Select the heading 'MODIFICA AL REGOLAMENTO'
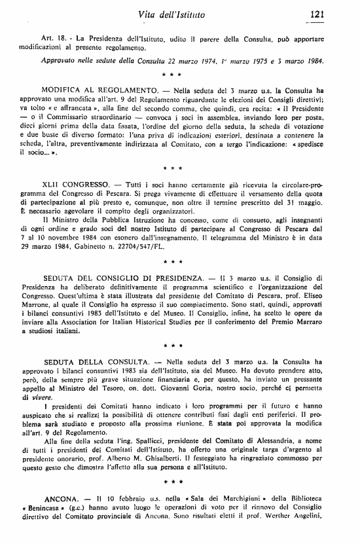pyautogui.click(x=100, y=88)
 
